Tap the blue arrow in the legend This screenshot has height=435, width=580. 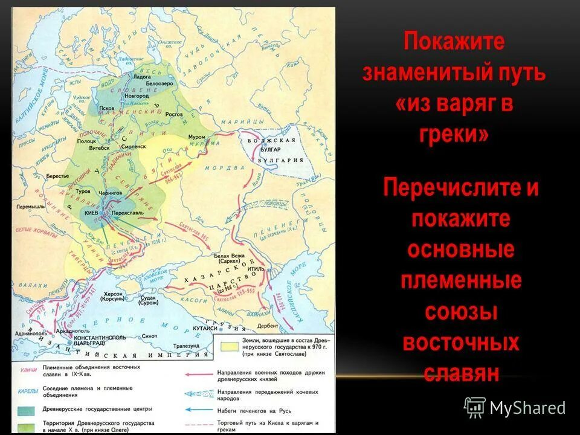194,409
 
